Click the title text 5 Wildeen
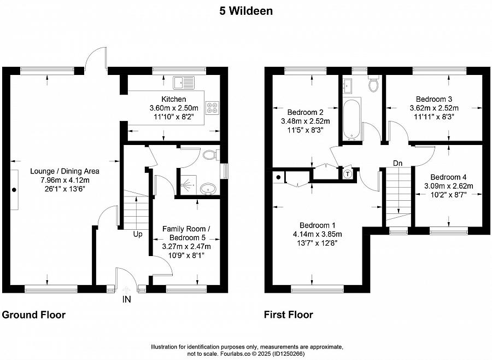pos(246,10)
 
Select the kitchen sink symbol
pos(184,83)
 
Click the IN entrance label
pos(127,299)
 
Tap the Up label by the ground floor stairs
pos(138,234)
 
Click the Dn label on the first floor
pos(398,163)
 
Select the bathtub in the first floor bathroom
pos(350,118)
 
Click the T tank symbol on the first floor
pos(348,175)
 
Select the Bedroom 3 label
pos(434,99)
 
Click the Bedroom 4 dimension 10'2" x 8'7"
pos(451,195)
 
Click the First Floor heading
pos(289,315)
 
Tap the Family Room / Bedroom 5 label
pos(186,233)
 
